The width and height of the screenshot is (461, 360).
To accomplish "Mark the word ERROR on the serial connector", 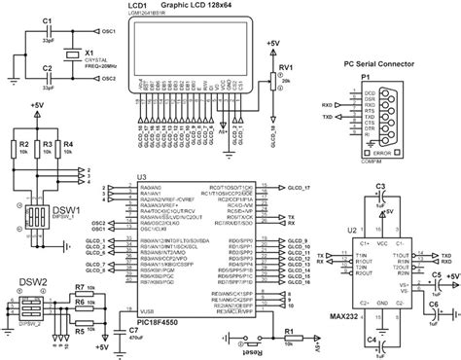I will tap(380, 154).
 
